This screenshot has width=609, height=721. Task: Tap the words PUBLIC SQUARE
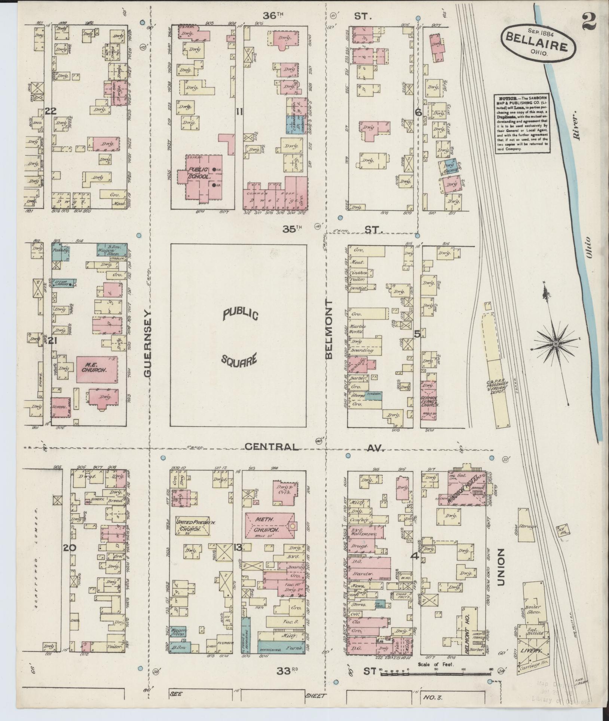point(239,337)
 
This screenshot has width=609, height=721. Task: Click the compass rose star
point(556,344)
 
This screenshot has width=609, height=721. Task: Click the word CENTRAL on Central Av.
point(272,447)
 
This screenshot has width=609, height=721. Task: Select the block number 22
point(50,111)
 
